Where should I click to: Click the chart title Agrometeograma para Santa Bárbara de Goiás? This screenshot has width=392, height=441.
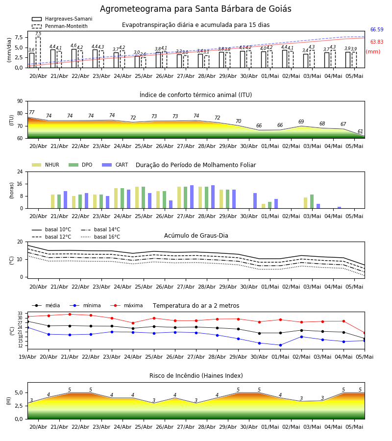tap(196, 9)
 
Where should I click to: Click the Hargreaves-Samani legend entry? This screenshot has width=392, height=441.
tap(62, 19)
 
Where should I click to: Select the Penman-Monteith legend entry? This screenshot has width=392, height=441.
tap(60, 26)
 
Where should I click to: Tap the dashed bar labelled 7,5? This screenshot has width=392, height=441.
tap(38, 52)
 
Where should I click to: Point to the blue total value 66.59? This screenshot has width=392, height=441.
tap(376, 29)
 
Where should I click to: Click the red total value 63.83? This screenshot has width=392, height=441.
tap(376, 42)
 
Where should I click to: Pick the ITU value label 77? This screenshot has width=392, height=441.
tap(31, 113)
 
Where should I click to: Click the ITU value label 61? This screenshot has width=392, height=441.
tap(360, 131)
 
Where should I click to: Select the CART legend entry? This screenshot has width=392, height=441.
tap(115, 165)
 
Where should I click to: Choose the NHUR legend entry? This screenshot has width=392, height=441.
tap(46, 165)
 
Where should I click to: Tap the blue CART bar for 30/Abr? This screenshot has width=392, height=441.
tap(255, 201)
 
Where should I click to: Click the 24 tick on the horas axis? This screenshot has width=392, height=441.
tap(20, 171)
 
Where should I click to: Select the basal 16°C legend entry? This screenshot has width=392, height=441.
tap(100, 237)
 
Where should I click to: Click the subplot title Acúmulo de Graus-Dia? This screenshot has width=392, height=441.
tap(196, 235)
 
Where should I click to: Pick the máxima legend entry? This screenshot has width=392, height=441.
tap(127, 305)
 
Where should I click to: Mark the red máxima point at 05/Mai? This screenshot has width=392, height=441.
tap(365, 333)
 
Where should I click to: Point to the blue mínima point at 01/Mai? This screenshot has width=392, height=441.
tap(280, 345)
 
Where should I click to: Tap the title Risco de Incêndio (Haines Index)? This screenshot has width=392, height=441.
tap(196, 376)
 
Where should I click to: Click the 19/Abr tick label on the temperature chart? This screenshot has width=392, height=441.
tap(27, 357)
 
